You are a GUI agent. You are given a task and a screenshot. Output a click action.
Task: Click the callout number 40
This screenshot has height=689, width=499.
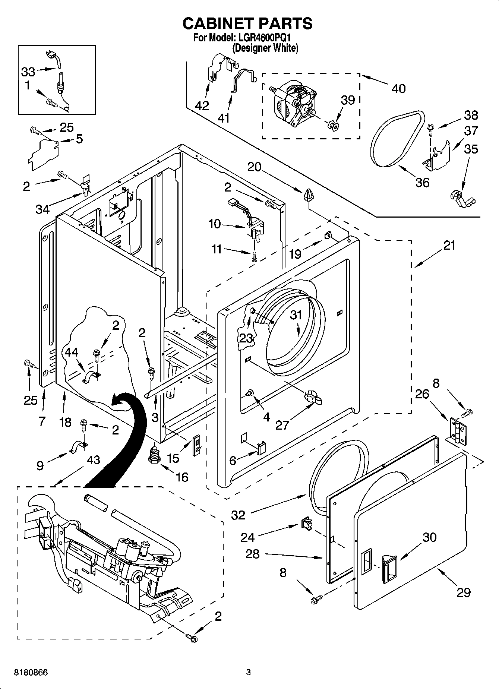398,89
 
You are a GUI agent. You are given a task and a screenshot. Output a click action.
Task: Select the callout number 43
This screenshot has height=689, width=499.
93,460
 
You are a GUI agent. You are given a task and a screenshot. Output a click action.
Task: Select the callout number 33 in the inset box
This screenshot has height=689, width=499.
28,72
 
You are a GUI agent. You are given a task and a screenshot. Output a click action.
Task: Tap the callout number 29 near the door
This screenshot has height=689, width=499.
464,592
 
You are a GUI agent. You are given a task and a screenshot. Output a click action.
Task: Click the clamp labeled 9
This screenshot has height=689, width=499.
78,446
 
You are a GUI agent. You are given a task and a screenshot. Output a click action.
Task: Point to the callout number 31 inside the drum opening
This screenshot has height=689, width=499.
296,315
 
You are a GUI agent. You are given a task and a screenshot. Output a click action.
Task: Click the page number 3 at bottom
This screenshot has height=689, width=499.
248,673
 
